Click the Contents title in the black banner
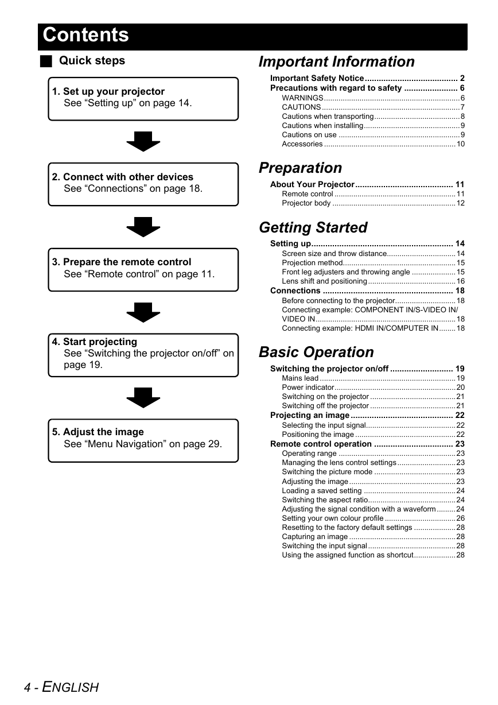(85, 34)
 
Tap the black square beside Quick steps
(46, 61)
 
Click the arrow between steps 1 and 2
(143, 141)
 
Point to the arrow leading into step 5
(143, 398)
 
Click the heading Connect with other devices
(128, 177)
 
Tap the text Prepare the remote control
(127, 262)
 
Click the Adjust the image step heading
(103, 432)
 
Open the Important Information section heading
(337, 61)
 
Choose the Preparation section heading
(300, 168)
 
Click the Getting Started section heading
(313, 227)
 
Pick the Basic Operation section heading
(316, 352)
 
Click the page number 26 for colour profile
(460, 518)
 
